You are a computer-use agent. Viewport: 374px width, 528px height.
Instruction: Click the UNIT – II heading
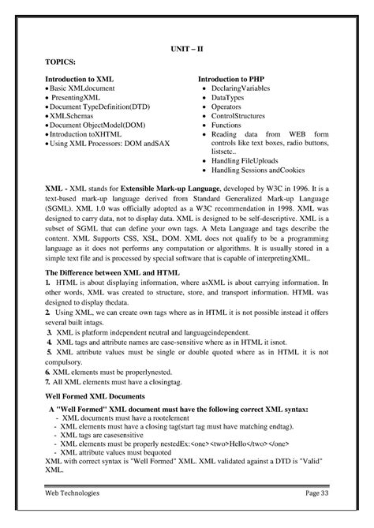187,49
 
